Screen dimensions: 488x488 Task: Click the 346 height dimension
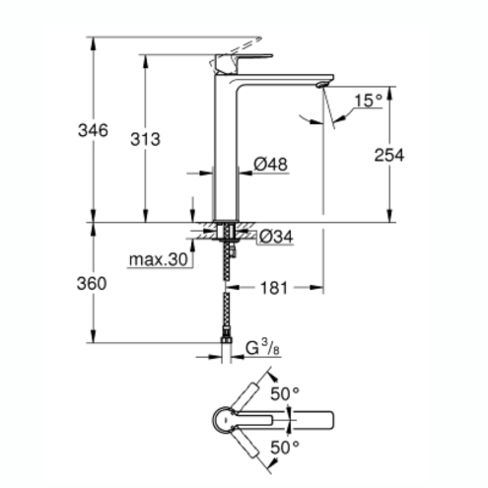pyautogui.click(x=93, y=131)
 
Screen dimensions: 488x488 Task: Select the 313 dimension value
pyautogui.click(x=145, y=139)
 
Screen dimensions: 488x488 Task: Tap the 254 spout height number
pyautogui.click(x=389, y=155)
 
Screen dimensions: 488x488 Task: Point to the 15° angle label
pyautogui.click(x=369, y=101)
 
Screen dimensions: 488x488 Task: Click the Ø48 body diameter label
pyautogui.click(x=271, y=164)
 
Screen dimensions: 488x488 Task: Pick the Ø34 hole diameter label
pyautogui.click(x=276, y=237)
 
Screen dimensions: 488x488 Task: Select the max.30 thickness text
pyautogui.click(x=159, y=259)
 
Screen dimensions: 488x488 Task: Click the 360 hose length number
pyautogui.click(x=92, y=284)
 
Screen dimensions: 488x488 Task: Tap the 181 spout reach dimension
pyautogui.click(x=274, y=288)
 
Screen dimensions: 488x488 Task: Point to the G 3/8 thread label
pyautogui.click(x=262, y=349)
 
